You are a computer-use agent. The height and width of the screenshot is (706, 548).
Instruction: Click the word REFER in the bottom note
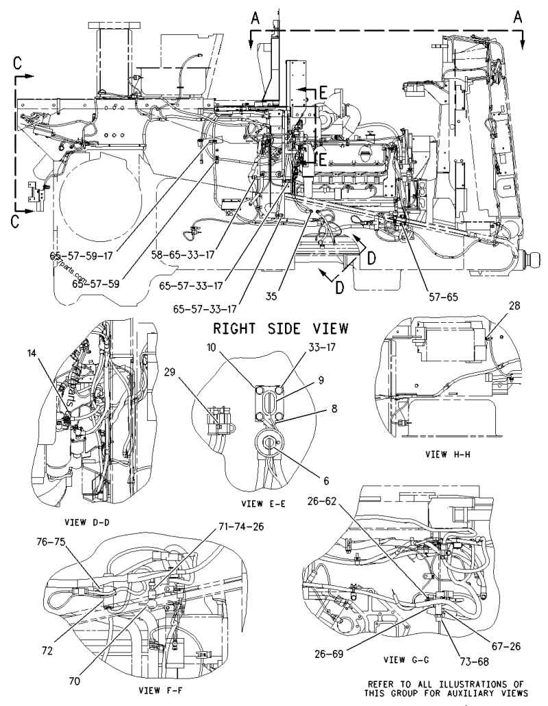pos(382,683)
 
